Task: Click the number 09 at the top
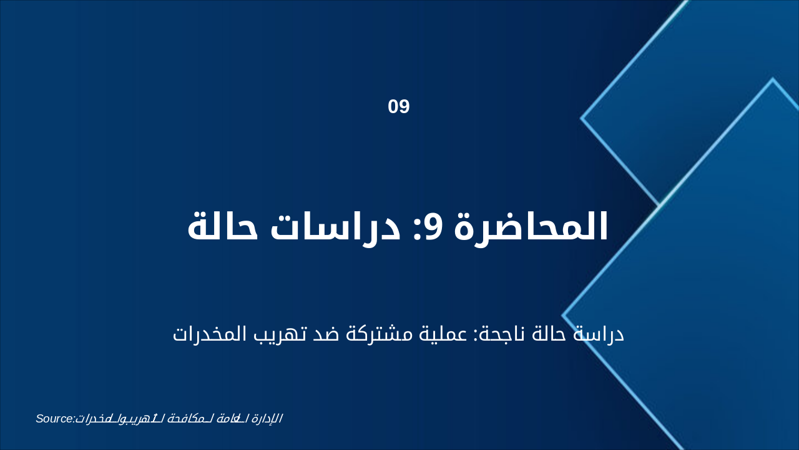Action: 399,107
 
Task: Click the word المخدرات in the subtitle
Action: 216,334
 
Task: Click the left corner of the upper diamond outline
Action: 582,117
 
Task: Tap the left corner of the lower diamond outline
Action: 563,316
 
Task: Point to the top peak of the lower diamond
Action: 773,79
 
